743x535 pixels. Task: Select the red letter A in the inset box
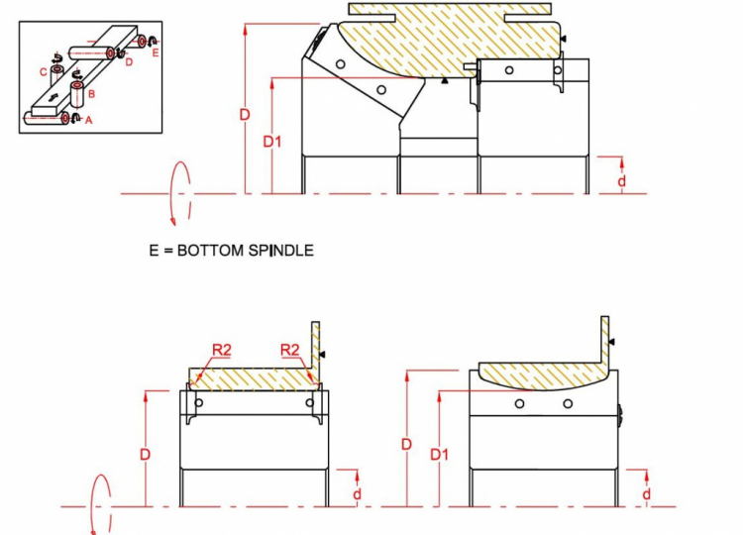pyautogui.click(x=88, y=121)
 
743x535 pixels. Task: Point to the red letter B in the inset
pyautogui.click(x=91, y=94)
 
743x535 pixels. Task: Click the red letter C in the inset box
pyautogui.click(x=44, y=72)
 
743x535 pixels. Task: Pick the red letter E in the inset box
pyautogui.click(x=156, y=53)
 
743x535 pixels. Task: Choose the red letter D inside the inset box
pyautogui.click(x=130, y=62)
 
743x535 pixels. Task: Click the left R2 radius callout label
pyautogui.click(x=222, y=350)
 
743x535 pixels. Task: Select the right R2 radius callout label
pyautogui.click(x=290, y=350)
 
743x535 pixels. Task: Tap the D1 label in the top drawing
pyautogui.click(x=272, y=142)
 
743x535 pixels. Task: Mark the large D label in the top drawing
pyautogui.click(x=245, y=115)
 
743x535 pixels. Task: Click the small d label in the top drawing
pyautogui.click(x=622, y=180)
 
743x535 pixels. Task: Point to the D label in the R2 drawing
pyautogui.click(x=145, y=455)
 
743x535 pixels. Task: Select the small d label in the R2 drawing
pyautogui.click(x=358, y=493)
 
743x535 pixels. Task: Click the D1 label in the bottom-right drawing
pyautogui.click(x=439, y=455)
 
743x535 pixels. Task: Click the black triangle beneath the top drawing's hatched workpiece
pyautogui.click(x=445, y=81)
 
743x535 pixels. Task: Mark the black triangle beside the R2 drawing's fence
pyautogui.click(x=322, y=354)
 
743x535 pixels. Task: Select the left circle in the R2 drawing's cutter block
pyautogui.click(x=199, y=403)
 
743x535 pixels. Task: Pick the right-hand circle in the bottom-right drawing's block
pyautogui.click(x=568, y=404)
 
